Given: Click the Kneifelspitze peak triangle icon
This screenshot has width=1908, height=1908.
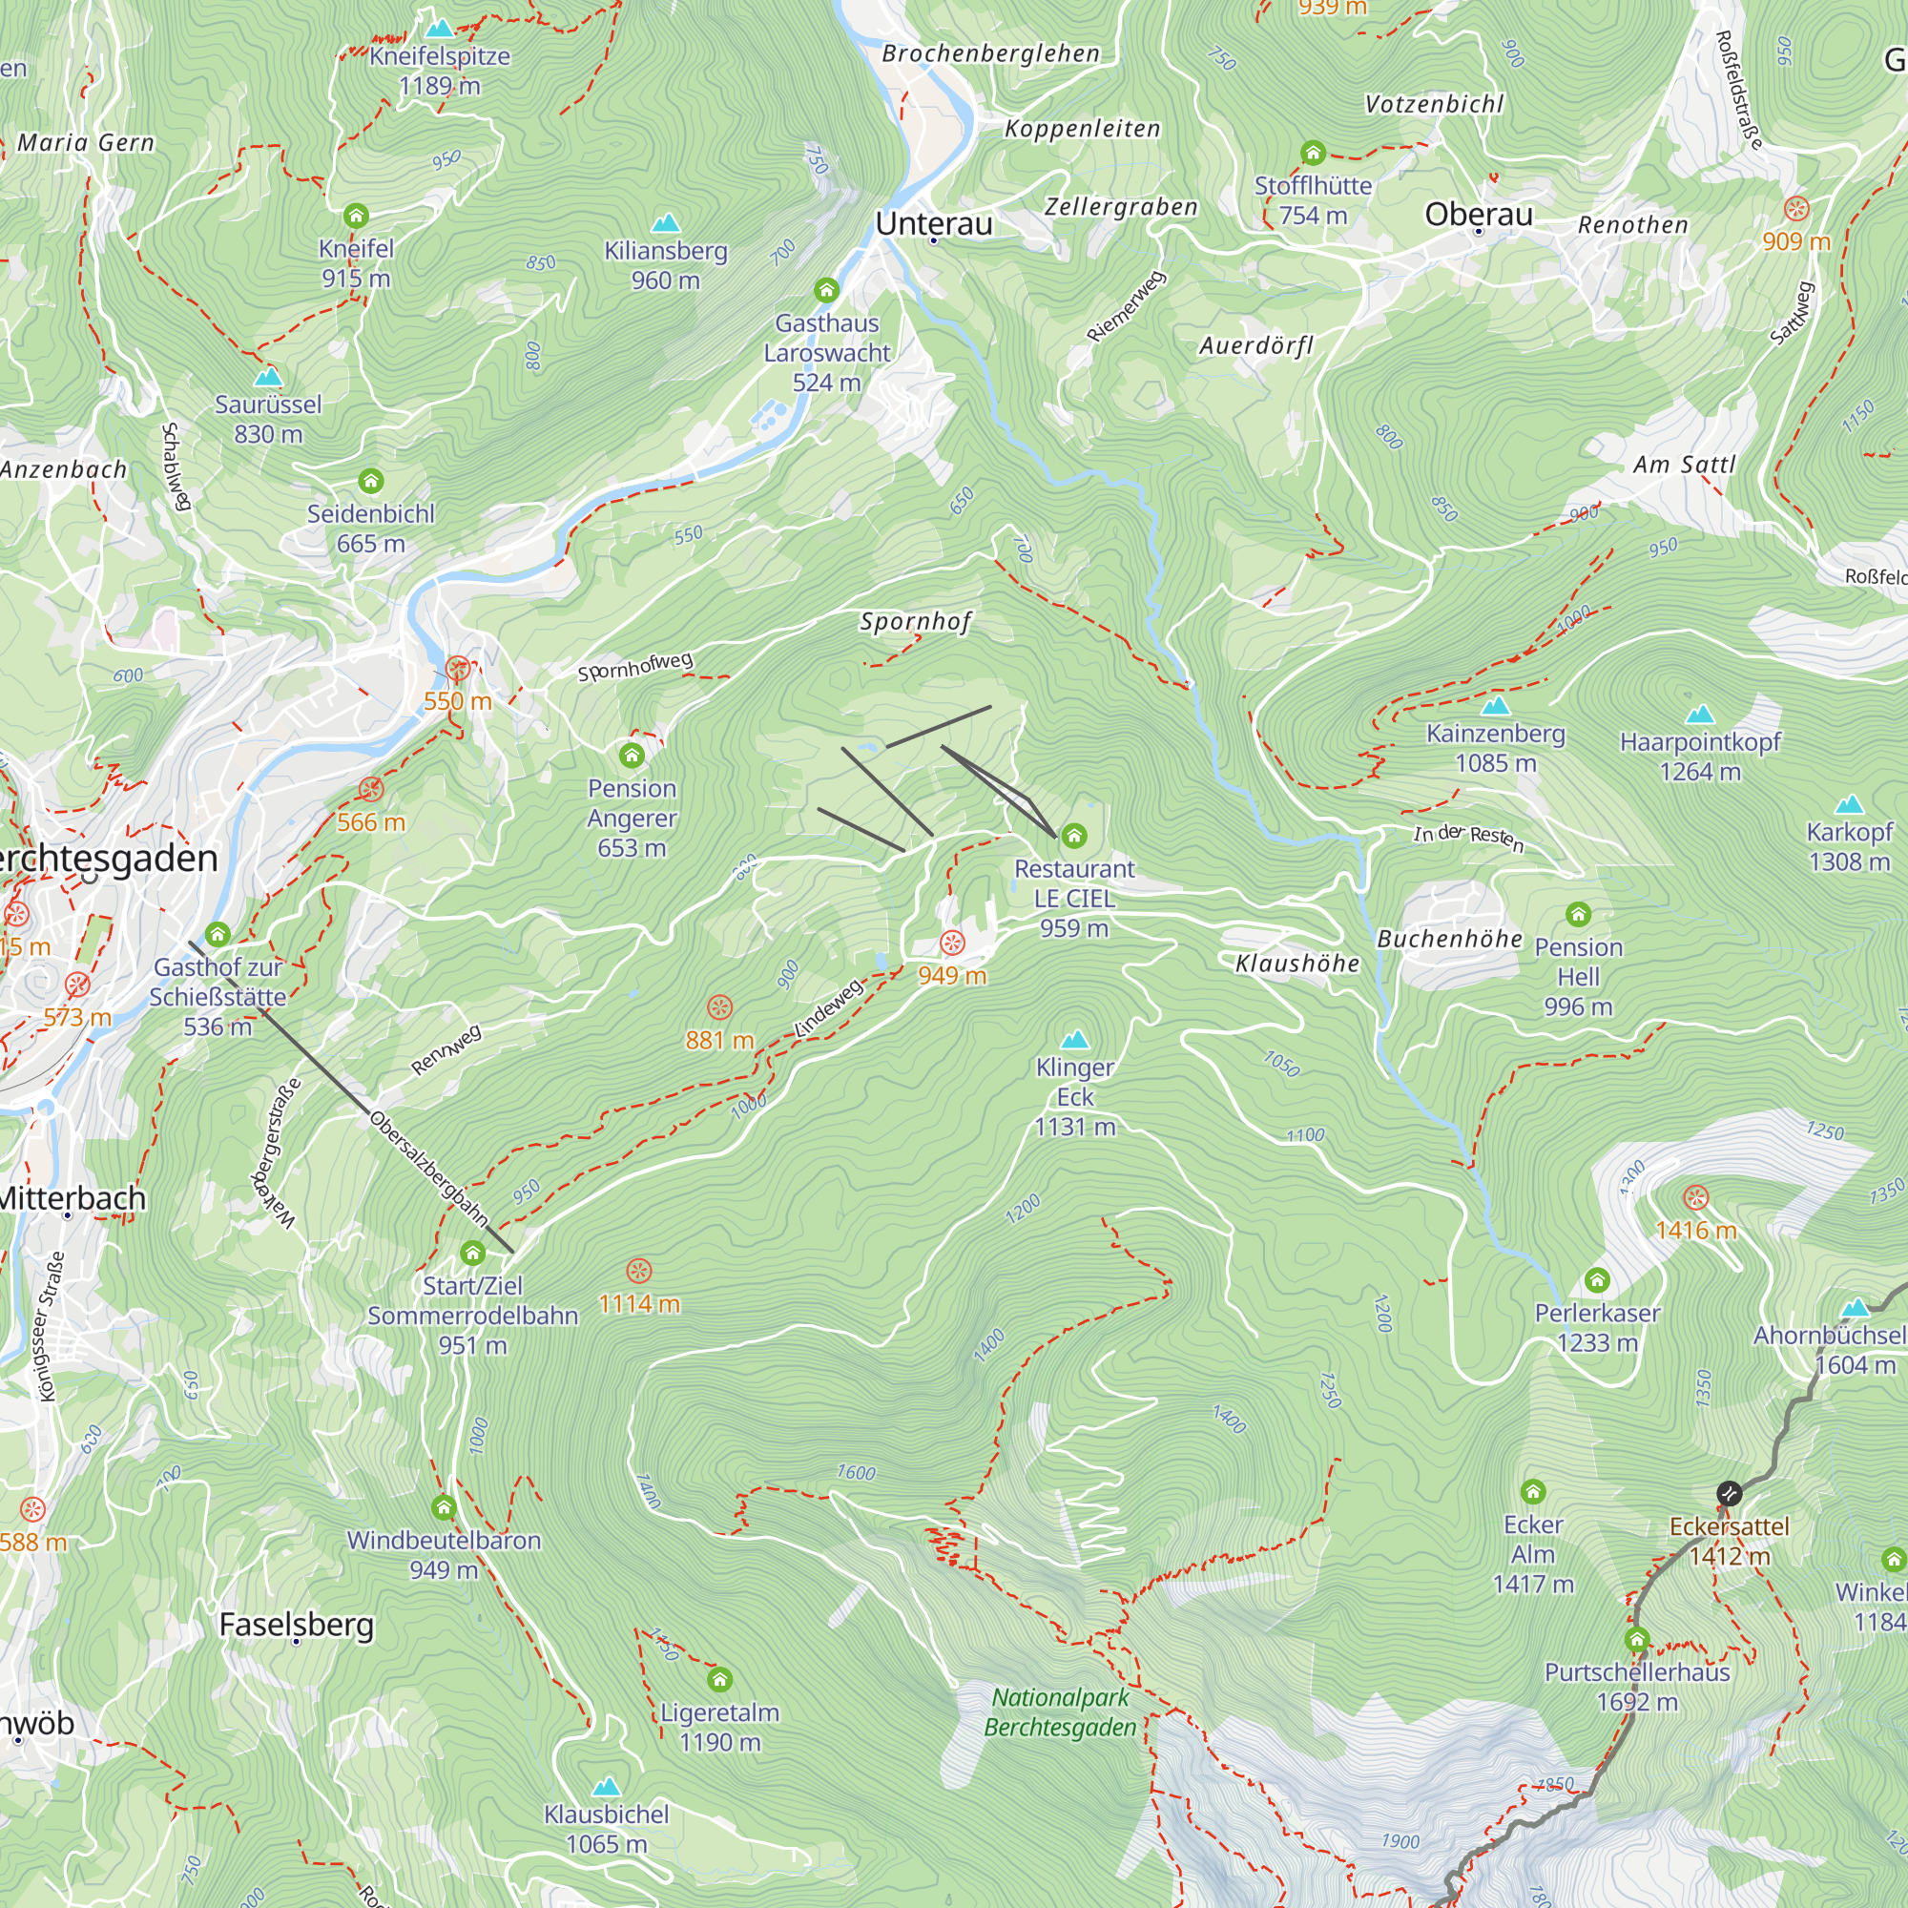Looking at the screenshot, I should point(440,28).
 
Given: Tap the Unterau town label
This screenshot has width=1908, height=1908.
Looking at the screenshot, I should point(933,224).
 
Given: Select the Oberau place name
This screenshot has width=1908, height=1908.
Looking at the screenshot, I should point(1479,215).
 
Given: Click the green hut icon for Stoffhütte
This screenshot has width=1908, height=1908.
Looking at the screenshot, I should point(1313,153).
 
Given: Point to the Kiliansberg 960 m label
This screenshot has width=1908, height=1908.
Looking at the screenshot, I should point(666,265).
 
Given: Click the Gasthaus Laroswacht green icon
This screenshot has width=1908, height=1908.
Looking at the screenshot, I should point(826,290).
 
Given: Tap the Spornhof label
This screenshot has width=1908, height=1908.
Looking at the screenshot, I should point(916,621).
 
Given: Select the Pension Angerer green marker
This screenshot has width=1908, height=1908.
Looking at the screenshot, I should point(633,756).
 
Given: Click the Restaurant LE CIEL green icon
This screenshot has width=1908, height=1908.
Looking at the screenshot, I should point(1074,837).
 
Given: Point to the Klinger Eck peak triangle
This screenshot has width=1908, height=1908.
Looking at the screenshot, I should point(1074,1040).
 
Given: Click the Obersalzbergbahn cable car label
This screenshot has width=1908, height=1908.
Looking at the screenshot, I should point(428,1169).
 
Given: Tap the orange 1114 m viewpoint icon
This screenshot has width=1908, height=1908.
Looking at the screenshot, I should point(639,1270).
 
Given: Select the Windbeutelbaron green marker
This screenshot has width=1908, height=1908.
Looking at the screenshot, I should point(444,1507).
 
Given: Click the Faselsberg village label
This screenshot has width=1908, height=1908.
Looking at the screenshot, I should point(297,1624).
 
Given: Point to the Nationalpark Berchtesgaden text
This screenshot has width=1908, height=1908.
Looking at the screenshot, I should point(1060,1712).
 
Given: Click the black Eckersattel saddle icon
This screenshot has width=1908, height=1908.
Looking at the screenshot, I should point(1729,1493).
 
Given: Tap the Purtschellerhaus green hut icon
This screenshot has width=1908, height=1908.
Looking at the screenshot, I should point(1636,1639).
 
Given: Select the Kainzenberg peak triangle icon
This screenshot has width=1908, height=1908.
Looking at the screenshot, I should point(1495,705).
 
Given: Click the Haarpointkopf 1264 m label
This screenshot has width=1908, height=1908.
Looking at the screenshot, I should point(1700,757).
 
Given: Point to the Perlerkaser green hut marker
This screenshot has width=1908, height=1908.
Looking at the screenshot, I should point(1597,1281).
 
